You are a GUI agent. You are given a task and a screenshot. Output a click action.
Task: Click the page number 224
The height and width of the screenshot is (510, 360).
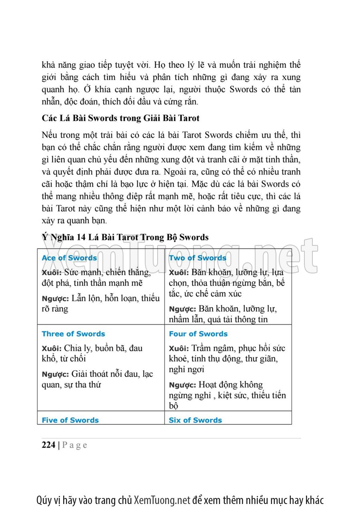48,445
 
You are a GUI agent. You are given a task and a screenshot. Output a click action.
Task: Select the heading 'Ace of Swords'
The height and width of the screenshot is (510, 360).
69,258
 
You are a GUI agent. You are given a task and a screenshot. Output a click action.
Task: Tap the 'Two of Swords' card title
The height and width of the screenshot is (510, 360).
198,258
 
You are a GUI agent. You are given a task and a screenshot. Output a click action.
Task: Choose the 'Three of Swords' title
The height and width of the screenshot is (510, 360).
73,334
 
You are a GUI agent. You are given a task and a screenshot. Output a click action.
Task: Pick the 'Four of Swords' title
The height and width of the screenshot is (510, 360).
198,334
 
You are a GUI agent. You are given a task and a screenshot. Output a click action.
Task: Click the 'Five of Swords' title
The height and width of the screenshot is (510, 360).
70,420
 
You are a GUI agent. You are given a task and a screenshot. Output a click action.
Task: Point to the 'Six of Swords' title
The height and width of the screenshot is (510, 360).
195,420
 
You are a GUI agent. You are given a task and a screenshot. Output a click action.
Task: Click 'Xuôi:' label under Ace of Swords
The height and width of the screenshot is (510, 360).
52,273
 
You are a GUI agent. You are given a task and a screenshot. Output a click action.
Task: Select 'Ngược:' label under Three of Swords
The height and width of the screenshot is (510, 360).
55,374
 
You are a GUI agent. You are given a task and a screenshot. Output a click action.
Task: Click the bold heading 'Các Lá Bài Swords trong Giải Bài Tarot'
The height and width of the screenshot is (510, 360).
120,118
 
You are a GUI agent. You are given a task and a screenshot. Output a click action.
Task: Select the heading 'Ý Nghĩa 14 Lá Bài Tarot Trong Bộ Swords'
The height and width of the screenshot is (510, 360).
125,237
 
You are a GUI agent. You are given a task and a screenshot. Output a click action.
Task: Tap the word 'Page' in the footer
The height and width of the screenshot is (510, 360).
75,445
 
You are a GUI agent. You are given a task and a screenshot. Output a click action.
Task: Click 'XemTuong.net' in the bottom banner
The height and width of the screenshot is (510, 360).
162,500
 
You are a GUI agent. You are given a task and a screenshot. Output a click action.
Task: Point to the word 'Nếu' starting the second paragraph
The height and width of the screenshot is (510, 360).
50,134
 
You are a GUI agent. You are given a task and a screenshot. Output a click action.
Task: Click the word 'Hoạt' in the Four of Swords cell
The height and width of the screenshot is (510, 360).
210,385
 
